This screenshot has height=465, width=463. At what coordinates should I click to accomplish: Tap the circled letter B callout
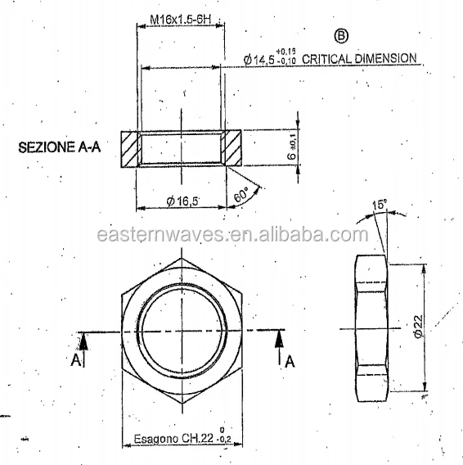(341, 36)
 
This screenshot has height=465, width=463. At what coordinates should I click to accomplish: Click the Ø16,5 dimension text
(181, 200)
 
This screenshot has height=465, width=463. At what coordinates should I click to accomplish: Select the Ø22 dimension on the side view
(418, 328)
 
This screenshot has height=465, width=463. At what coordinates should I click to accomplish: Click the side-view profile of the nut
(370, 328)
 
